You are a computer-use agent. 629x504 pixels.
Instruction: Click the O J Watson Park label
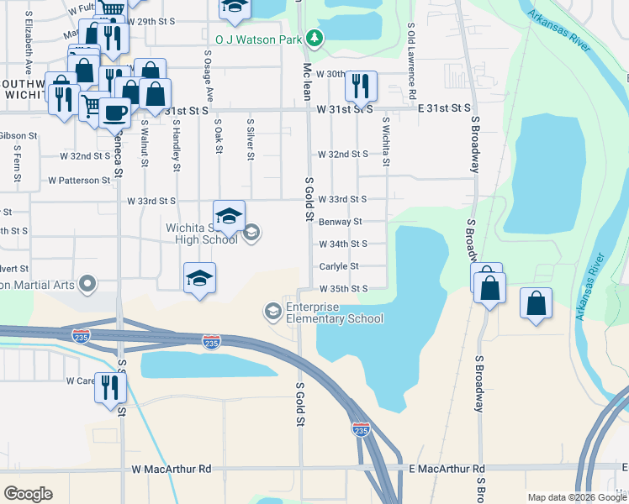259,38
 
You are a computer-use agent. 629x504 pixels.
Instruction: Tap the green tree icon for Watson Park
314,38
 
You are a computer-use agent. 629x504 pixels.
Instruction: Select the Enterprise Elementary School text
335,312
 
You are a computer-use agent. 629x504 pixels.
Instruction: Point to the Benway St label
340,222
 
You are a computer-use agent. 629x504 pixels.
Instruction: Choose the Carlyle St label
339,266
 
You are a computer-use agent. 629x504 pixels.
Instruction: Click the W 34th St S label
342,244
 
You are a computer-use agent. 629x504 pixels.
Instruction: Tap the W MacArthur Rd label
171,469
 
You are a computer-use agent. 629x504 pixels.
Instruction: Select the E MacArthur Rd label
447,469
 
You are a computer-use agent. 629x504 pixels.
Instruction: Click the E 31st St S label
444,108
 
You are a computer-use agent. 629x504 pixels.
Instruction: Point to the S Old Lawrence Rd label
411,54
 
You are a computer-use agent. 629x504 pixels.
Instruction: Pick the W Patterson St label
79,180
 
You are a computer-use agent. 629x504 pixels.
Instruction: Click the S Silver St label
250,139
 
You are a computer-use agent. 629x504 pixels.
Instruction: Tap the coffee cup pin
115,112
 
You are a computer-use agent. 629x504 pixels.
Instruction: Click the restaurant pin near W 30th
361,85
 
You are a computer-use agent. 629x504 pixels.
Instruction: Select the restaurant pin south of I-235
109,388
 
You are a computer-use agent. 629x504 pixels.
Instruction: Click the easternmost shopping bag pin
536,303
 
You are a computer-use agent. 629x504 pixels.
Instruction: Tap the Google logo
29,494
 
